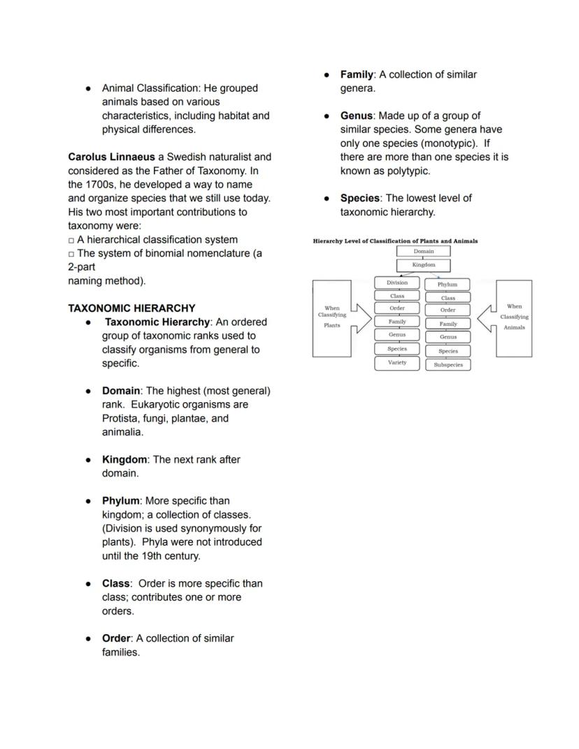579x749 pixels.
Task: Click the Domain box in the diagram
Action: [423, 251]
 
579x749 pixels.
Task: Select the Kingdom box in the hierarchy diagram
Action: [423, 265]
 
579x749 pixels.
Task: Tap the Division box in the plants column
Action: [397, 283]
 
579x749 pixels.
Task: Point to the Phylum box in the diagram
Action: [448, 285]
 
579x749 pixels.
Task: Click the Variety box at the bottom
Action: [397, 363]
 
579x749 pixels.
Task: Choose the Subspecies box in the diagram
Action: [448, 364]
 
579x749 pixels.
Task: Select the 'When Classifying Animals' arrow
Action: [508, 318]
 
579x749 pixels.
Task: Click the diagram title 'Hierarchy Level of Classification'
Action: [395, 241]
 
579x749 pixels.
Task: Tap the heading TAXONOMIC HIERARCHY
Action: [131, 308]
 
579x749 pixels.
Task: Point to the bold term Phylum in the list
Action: [120, 501]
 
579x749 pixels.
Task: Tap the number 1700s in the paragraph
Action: [101, 185]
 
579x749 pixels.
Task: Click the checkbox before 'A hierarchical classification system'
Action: [71, 240]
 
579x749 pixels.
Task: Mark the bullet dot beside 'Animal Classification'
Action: [88, 89]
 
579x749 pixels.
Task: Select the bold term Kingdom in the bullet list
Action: [124, 459]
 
